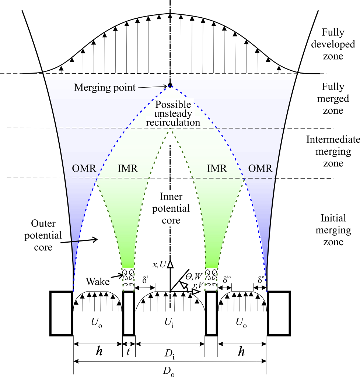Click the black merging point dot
coord(170,85)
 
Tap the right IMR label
coord(215,169)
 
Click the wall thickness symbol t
coord(128,352)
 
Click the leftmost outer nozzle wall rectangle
coord(62,313)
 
